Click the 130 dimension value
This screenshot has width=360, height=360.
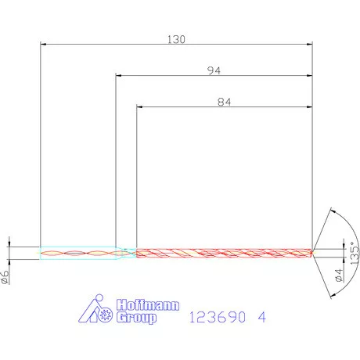(177, 38)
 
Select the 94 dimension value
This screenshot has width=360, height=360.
(214, 70)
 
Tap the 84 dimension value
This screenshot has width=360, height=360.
(225, 100)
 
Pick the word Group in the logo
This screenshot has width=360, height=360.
(136, 318)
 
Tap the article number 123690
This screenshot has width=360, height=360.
(218, 318)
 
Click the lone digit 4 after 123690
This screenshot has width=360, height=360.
(262, 318)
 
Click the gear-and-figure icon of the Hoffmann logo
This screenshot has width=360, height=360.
(99, 311)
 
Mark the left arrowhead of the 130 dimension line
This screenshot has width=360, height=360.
(44, 45)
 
